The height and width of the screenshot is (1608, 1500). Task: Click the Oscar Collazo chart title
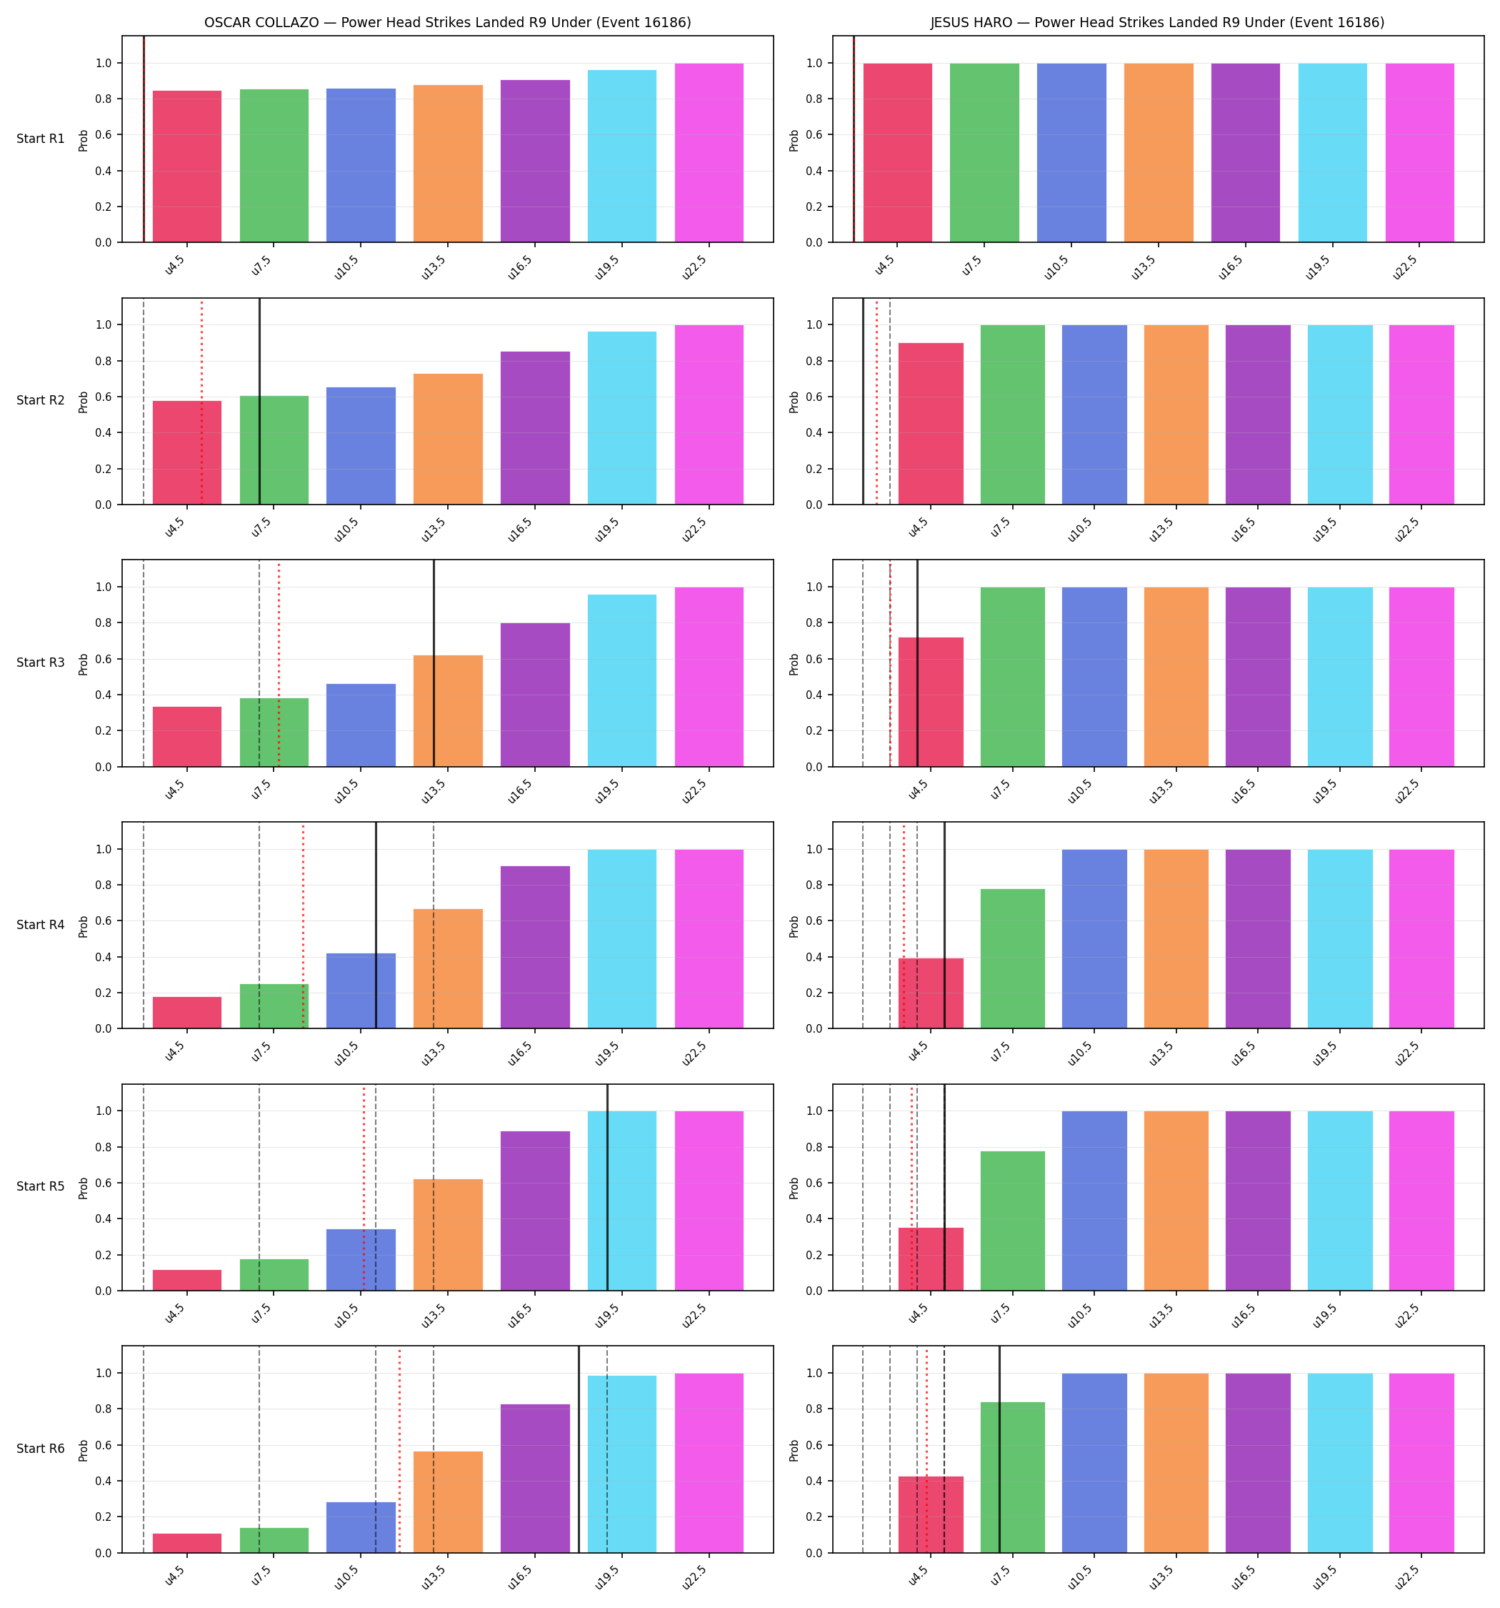point(447,23)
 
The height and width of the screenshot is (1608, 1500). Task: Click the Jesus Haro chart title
point(1157,23)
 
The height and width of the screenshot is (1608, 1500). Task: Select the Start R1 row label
point(41,139)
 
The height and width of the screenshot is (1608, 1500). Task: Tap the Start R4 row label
point(41,925)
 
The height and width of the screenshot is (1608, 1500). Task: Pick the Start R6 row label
point(41,1448)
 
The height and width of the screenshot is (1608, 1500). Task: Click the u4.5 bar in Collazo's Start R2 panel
point(187,453)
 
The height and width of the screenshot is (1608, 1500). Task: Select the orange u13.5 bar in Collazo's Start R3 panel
point(448,711)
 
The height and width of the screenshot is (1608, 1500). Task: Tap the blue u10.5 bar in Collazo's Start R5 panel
point(361,1259)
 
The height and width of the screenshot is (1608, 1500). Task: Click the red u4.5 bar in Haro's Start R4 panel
point(931,993)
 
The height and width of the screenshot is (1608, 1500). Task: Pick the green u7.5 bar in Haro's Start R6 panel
point(1012,1477)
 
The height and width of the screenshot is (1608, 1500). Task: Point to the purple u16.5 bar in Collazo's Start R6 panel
point(535,1479)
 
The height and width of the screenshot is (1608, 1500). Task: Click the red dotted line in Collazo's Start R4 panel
point(304,925)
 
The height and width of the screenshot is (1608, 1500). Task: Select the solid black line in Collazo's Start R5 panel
point(607,1186)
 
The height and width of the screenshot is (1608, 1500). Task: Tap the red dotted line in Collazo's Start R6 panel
point(399,1449)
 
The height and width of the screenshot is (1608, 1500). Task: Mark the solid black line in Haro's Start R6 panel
point(999,1449)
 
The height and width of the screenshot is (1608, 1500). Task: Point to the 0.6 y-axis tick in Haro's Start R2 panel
point(814,397)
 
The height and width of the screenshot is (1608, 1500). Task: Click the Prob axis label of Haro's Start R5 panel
point(794,1187)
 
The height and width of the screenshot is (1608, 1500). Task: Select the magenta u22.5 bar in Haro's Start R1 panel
point(1419,153)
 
